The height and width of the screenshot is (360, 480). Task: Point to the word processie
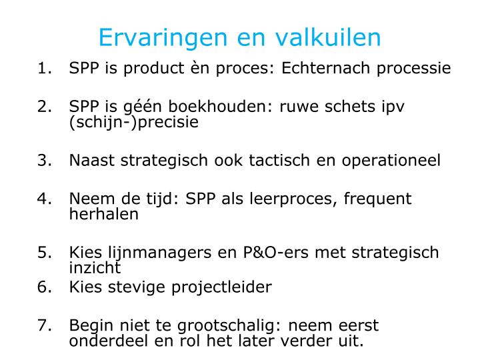(x=414, y=69)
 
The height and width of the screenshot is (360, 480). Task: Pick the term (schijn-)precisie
(x=133, y=123)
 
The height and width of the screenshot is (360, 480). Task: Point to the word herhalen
(x=103, y=215)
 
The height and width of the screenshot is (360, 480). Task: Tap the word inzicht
(x=95, y=268)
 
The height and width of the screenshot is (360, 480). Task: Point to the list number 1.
(x=45, y=69)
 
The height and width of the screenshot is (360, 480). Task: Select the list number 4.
(x=45, y=199)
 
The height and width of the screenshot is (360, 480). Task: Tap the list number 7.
(x=45, y=326)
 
